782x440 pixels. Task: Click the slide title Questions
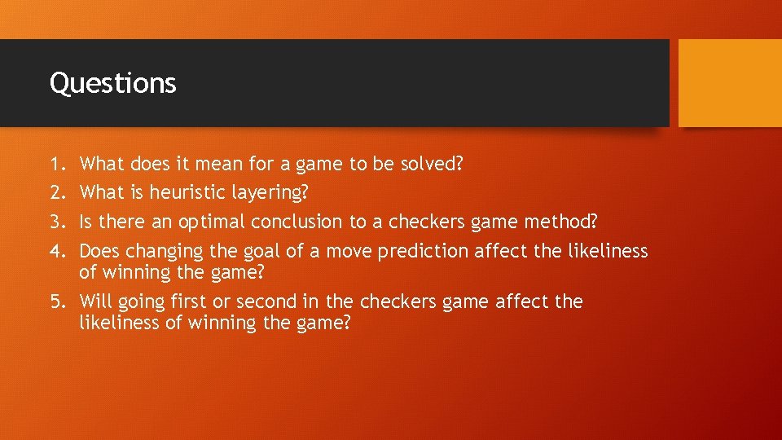(x=112, y=83)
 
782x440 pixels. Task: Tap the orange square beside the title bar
(x=729, y=83)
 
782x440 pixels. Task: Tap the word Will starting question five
(x=95, y=301)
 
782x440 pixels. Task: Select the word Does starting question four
(x=99, y=251)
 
